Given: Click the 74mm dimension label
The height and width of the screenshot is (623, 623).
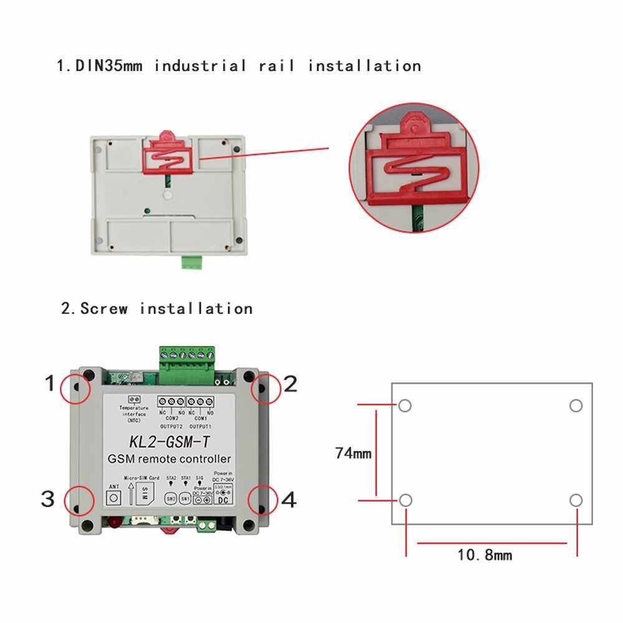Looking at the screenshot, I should [353, 454].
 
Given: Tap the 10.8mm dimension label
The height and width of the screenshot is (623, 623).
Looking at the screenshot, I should [485, 554].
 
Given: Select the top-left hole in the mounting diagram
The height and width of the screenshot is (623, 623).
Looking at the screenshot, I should [405, 406].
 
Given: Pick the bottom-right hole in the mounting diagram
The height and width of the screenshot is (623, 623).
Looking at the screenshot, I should [576, 500].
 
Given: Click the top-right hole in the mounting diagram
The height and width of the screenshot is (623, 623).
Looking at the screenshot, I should [576, 406].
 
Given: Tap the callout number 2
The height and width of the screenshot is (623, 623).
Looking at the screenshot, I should [290, 384].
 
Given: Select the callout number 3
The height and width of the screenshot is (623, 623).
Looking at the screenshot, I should [48, 499].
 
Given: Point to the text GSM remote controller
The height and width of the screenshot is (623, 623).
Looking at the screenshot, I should [169, 460].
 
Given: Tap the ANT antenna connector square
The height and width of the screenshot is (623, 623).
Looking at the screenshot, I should [114, 498].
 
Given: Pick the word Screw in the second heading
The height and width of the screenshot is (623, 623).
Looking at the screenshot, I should [104, 308].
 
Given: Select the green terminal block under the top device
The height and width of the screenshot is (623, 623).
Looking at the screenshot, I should [193, 262].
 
